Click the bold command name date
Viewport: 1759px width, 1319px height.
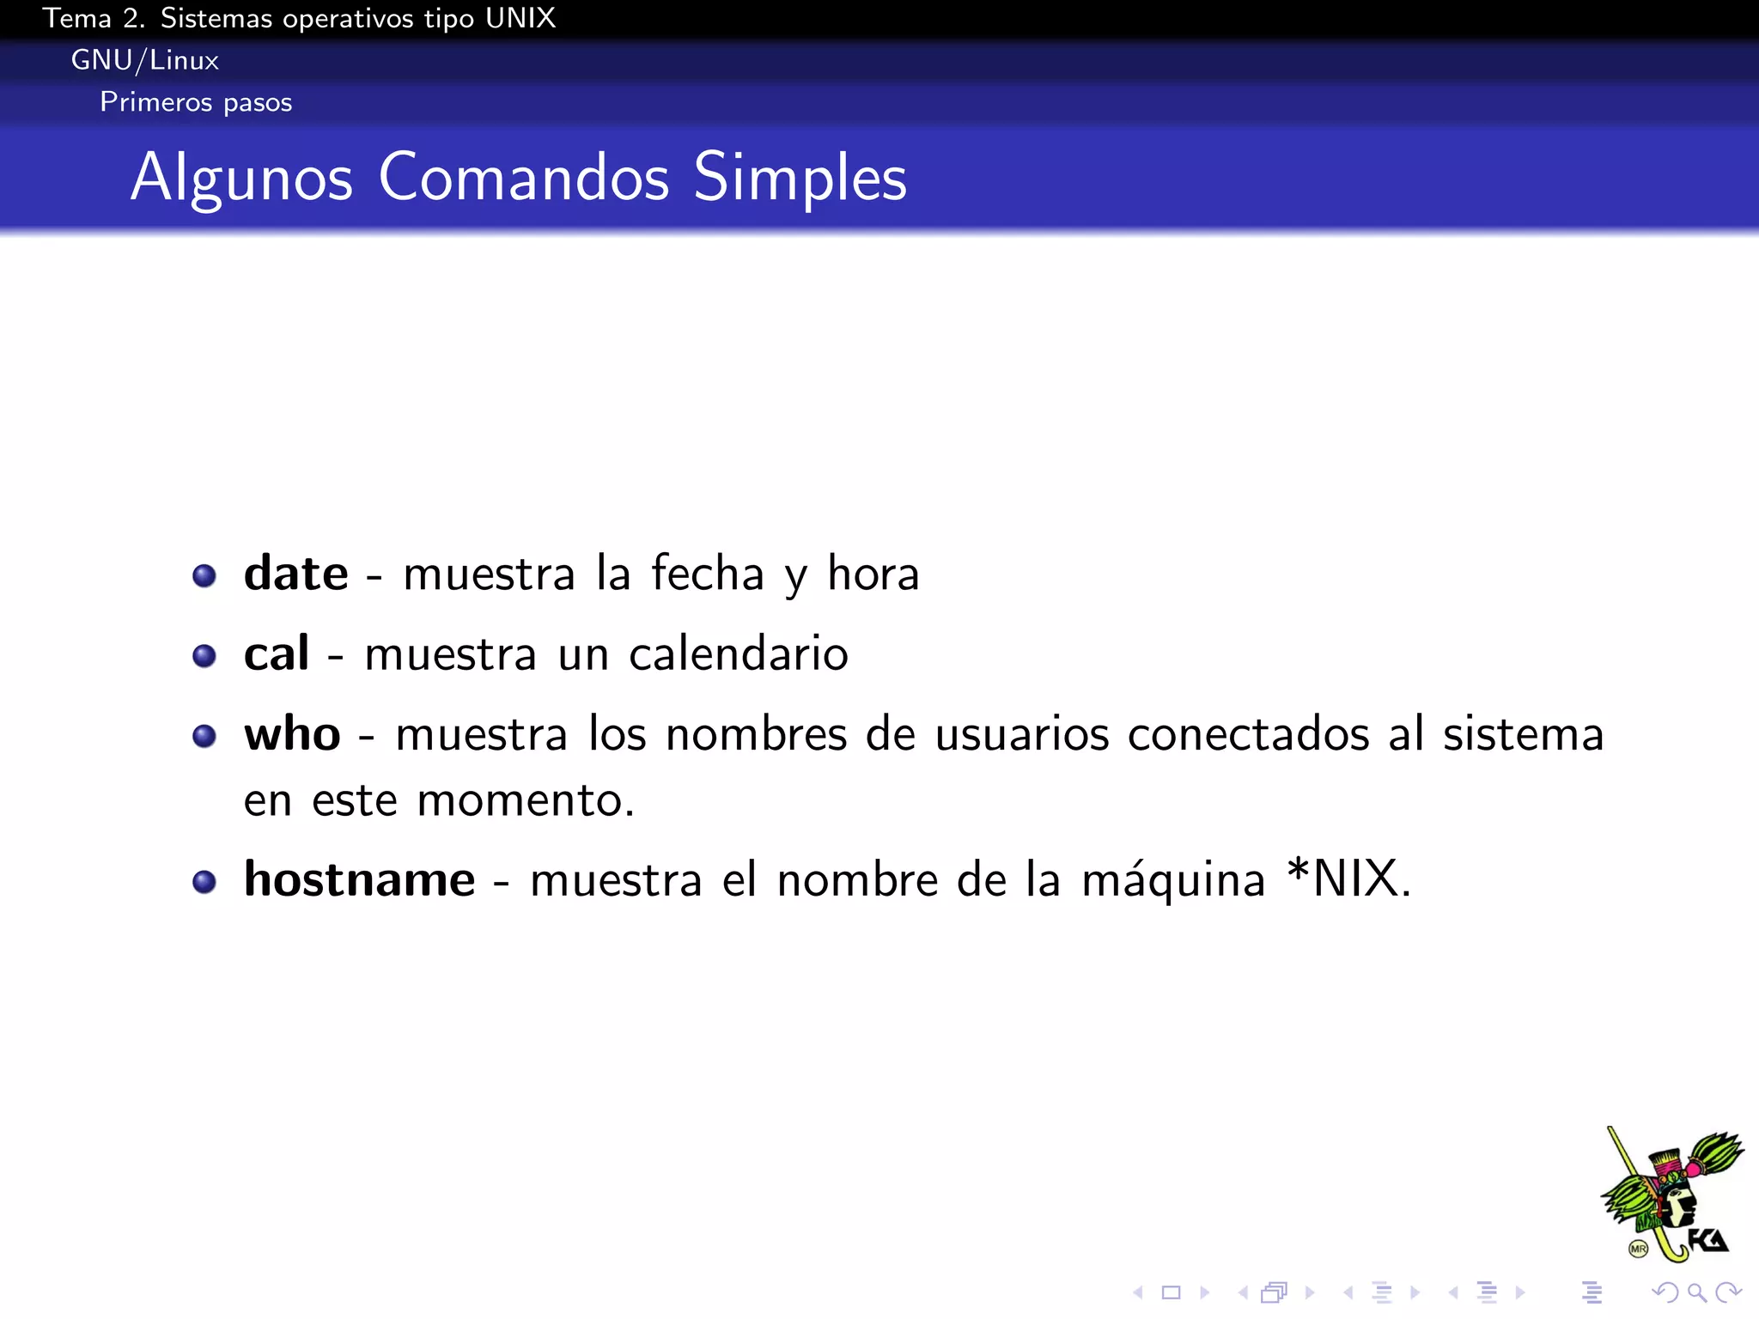295,574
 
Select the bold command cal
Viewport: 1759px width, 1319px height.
276,654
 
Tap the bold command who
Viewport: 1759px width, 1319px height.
292,735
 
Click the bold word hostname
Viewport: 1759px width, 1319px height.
359,880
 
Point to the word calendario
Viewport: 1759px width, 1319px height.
739,654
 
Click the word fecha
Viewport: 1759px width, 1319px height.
707,574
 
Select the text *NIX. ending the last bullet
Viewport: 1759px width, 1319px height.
1348,879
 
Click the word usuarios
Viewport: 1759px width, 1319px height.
1021,735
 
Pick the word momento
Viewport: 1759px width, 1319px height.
525,801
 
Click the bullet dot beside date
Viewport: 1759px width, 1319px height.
204,575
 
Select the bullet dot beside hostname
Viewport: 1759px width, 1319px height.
204,882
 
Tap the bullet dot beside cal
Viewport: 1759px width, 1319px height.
204,656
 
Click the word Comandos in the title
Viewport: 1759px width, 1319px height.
523,178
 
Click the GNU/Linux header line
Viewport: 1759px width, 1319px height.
145,60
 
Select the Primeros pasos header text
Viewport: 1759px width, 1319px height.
196,102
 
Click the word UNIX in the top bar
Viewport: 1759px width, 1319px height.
520,18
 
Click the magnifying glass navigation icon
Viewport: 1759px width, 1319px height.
1696,1292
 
